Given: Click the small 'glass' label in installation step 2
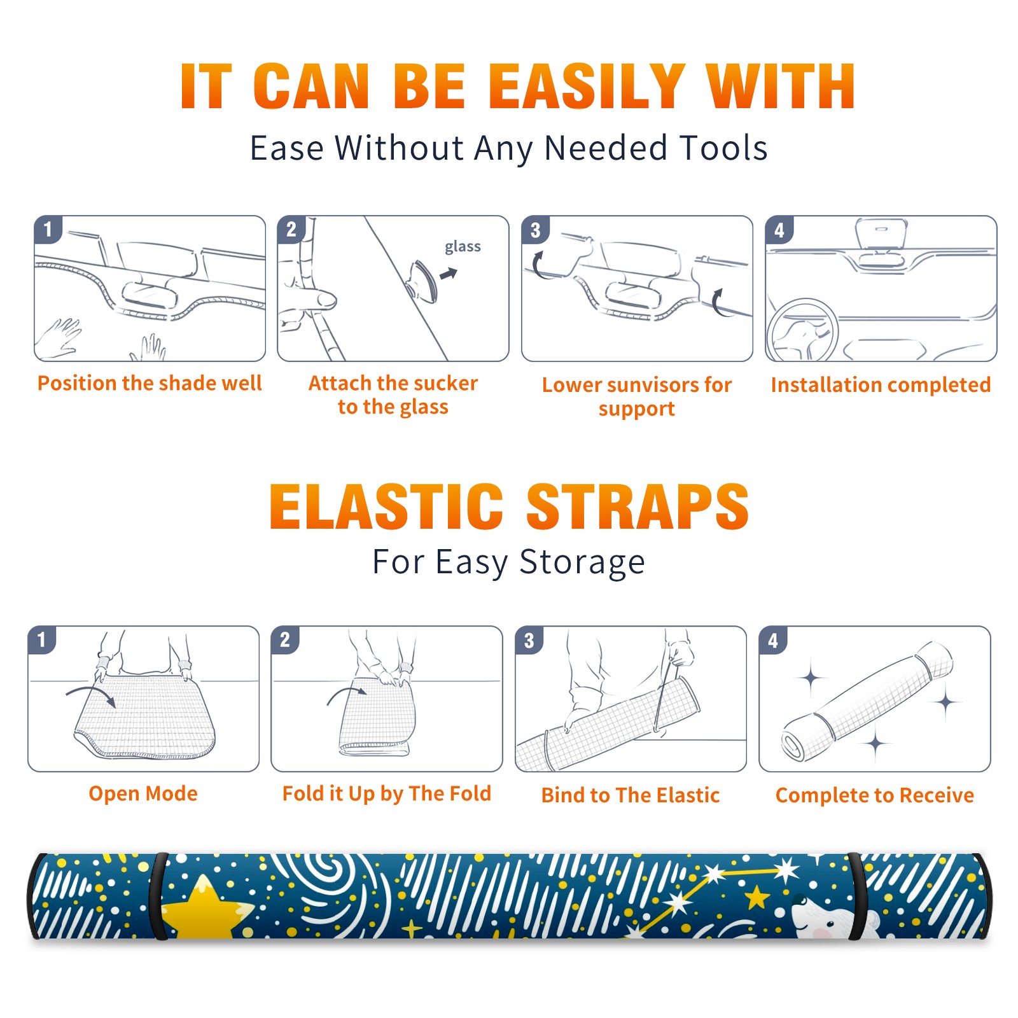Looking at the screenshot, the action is pyautogui.click(x=463, y=246).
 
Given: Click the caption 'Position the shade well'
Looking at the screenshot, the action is pyautogui.click(x=150, y=383).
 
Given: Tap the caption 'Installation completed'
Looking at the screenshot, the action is pyautogui.click(x=881, y=384).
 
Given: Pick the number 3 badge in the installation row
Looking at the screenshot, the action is pyautogui.click(x=535, y=230).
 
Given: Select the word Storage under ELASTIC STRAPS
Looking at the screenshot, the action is pyautogui.click(x=582, y=562).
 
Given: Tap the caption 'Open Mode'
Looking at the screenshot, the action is pyautogui.click(x=143, y=793).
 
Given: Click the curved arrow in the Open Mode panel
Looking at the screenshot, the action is pyautogui.click(x=91, y=693).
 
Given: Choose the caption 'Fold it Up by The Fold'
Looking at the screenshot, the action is pyautogui.click(x=387, y=793).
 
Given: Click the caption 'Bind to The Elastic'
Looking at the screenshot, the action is pyautogui.click(x=631, y=795).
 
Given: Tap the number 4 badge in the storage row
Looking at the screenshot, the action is pyautogui.click(x=773, y=640).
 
